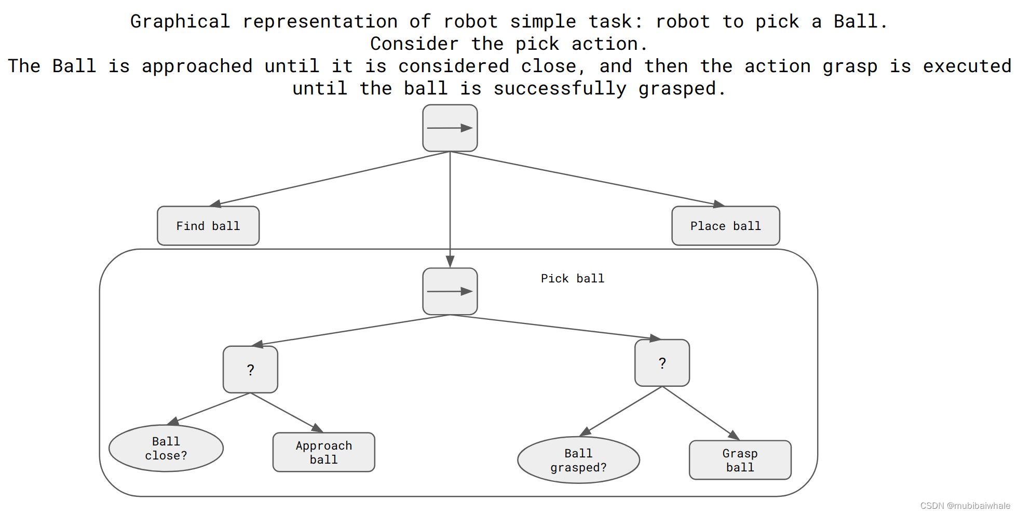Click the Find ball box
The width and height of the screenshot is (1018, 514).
click(x=208, y=226)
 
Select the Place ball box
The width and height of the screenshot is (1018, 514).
click(x=725, y=226)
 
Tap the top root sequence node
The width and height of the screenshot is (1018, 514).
click(x=450, y=128)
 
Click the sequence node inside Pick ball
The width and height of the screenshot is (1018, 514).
click(x=450, y=291)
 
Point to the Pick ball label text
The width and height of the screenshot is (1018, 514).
click(x=572, y=279)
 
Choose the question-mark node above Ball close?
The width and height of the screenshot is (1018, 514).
click(x=250, y=370)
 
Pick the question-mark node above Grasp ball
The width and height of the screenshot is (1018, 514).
click(x=662, y=363)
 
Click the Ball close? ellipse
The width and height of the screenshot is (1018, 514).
click(x=166, y=449)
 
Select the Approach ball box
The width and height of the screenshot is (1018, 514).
click(x=323, y=452)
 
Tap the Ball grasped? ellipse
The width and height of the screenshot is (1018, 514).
click(x=578, y=461)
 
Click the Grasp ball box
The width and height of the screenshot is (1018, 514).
click(x=740, y=461)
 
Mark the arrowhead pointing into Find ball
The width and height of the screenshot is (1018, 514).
click(x=215, y=204)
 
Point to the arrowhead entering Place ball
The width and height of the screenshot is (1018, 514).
click(x=718, y=204)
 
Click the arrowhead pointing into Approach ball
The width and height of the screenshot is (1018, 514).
click(x=317, y=428)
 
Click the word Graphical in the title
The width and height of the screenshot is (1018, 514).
click(x=180, y=22)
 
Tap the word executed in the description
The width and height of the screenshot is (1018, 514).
click(x=967, y=66)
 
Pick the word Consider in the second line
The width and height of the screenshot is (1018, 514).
click(x=414, y=44)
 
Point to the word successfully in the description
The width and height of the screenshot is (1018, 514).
click(x=560, y=89)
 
